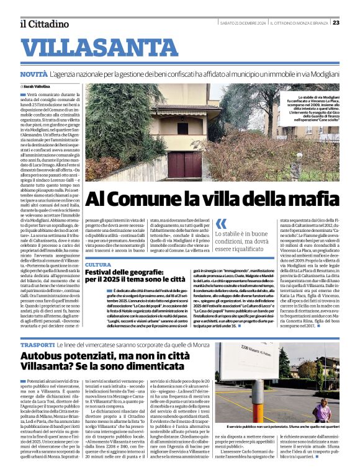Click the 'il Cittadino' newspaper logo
tap(43, 24)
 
